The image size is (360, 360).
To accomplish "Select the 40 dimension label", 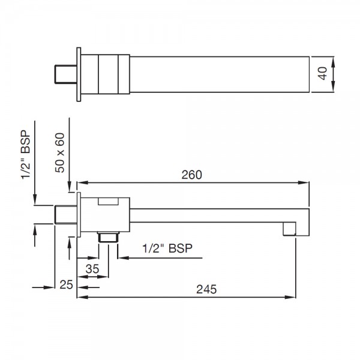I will [x=323, y=74].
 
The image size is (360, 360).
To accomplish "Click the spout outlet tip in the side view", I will [x=290, y=229].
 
